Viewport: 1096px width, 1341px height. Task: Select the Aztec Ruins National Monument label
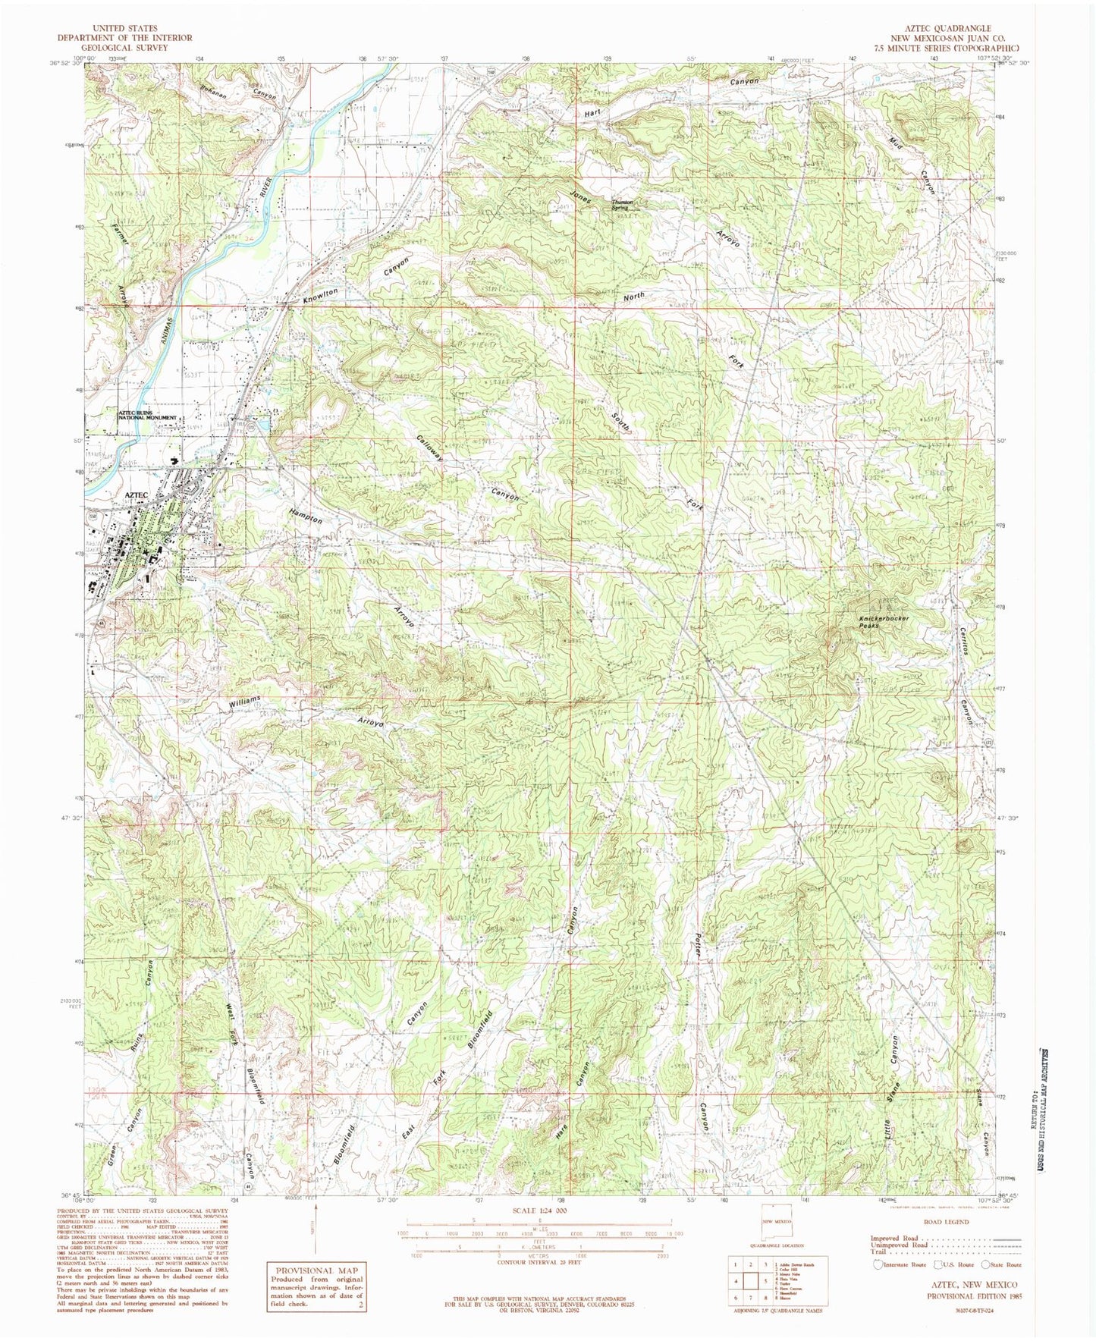(148, 416)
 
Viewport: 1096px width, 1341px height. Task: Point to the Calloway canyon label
(429, 449)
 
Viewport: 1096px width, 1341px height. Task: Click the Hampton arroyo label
(305, 516)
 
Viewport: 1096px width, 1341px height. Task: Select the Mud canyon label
(898, 140)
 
